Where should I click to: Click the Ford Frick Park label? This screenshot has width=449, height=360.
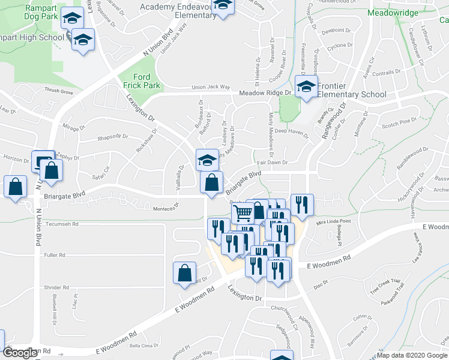pyautogui.click(x=142, y=81)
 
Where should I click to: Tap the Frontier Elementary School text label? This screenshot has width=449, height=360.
pyautogui.click(x=352, y=90)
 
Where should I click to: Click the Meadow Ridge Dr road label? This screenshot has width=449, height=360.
pyautogui.click(x=265, y=93)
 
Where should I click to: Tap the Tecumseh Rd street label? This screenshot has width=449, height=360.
pyautogui.click(x=62, y=225)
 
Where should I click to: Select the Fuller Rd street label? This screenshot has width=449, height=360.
pyautogui.click(x=54, y=255)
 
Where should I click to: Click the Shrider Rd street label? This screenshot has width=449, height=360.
pyautogui.click(x=57, y=288)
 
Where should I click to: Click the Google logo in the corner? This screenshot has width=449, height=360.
pyautogui.click(x=20, y=353)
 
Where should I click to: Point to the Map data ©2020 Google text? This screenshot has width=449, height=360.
pyautogui.click(x=412, y=355)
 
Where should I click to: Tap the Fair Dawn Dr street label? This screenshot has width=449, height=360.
pyautogui.click(x=273, y=163)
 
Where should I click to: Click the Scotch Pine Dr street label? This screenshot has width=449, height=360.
pyautogui.click(x=399, y=123)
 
